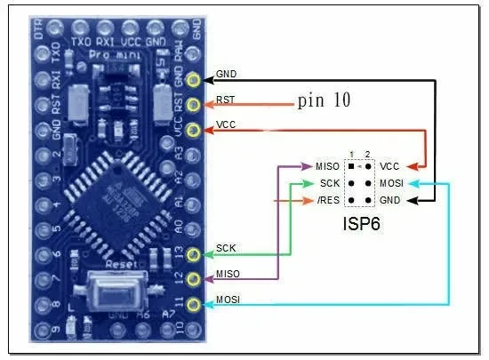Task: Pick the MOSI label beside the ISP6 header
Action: tap(391, 183)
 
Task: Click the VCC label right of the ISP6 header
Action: tap(389, 166)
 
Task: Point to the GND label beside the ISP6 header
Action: tap(389, 200)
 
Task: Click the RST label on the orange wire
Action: tap(225, 100)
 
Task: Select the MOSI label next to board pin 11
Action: tap(228, 300)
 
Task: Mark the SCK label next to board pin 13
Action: tap(225, 247)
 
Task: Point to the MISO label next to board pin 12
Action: tap(227, 273)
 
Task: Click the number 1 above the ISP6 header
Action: tap(352, 154)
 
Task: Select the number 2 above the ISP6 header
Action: tap(366, 154)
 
